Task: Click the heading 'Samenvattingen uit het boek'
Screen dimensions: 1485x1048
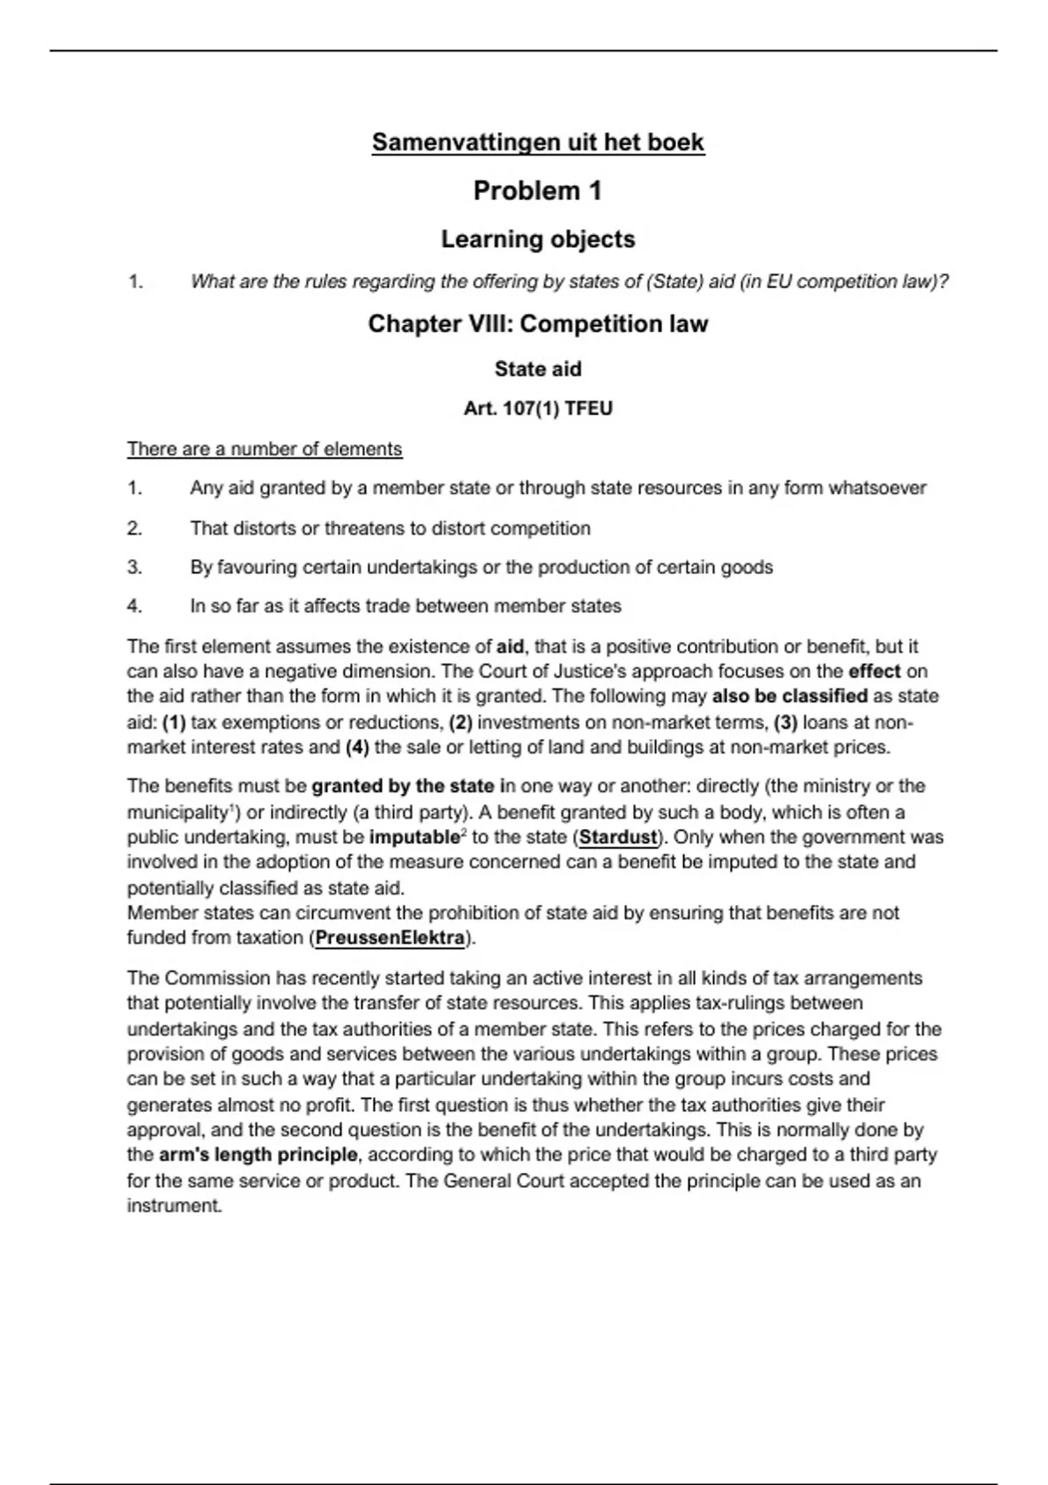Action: click(537, 142)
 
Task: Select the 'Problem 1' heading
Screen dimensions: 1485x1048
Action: click(537, 190)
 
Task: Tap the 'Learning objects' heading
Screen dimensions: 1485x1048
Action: click(537, 239)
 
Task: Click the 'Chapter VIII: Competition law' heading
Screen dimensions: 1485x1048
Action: click(537, 324)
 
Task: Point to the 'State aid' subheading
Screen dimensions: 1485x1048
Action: click(537, 370)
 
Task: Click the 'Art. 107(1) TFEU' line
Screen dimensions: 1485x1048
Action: click(537, 409)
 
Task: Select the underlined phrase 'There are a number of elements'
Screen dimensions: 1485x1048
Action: click(265, 449)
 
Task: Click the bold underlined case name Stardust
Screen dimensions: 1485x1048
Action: click(617, 837)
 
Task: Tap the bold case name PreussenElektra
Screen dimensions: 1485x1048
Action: click(390, 938)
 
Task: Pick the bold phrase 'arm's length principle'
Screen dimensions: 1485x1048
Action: click(258, 1155)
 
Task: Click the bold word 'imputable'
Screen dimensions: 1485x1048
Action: click(414, 837)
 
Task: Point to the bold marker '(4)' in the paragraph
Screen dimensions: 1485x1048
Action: click(357, 748)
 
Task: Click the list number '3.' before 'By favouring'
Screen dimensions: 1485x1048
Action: click(134, 568)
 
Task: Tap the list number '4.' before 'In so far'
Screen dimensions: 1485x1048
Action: click(134, 606)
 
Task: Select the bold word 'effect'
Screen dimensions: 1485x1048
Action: click(874, 672)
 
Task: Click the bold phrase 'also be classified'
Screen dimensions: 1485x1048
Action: click(789, 697)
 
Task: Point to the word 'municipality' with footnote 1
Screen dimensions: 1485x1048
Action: click(178, 812)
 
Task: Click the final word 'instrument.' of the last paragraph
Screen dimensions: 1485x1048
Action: click(175, 1206)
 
